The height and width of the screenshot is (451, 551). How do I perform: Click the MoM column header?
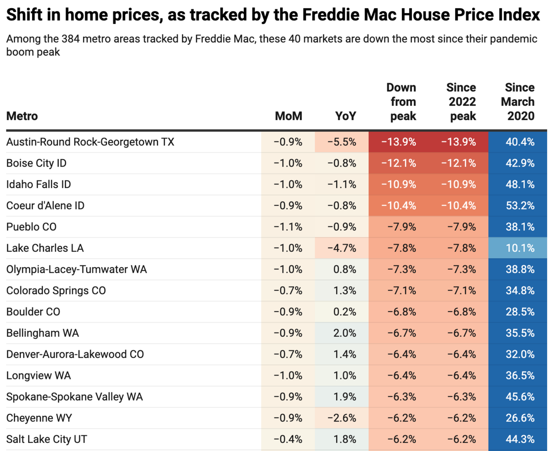pyautogui.click(x=288, y=116)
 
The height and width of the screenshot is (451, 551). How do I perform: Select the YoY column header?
pyautogui.click(x=345, y=116)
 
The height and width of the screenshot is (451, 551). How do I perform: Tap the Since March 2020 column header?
pyautogui.click(x=519, y=102)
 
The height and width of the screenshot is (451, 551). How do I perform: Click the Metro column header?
pyautogui.click(x=22, y=116)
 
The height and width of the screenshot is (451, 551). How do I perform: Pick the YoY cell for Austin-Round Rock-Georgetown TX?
pyautogui.click(x=342, y=142)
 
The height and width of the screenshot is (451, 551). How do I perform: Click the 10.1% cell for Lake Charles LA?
pyautogui.click(x=519, y=248)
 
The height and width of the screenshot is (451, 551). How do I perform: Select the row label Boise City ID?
pyautogui.click(x=36, y=163)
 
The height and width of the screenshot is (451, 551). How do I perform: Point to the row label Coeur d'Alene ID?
pyautogui.click(x=45, y=205)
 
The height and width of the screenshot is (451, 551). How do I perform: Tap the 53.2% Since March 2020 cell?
pyautogui.click(x=519, y=205)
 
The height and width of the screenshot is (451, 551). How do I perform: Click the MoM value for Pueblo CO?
pyautogui.click(x=288, y=227)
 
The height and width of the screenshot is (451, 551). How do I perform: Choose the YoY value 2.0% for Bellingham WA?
pyautogui.click(x=345, y=333)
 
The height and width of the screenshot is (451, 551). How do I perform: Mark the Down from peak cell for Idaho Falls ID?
pyautogui.click(x=398, y=185)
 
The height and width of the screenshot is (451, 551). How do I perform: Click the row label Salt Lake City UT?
pyautogui.click(x=46, y=439)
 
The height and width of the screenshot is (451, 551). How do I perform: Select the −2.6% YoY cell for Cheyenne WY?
pyautogui.click(x=342, y=418)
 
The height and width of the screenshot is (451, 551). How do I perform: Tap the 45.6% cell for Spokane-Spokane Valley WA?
pyautogui.click(x=519, y=397)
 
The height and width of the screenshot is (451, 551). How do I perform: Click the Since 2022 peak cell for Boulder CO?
pyautogui.click(x=461, y=312)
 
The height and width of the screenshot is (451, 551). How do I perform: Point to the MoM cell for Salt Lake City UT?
pyautogui.click(x=288, y=439)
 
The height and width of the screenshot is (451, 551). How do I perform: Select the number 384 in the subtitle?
pyautogui.click(x=70, y=39)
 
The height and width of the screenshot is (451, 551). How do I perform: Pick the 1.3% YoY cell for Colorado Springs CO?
pyautogui.click(x=345, y=291)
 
